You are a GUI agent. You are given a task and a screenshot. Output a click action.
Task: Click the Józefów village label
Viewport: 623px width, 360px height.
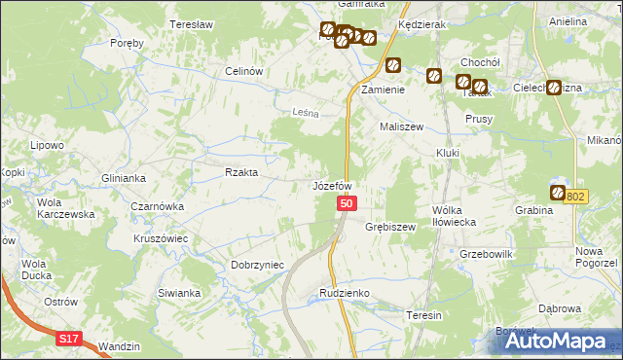[x=331, y=185]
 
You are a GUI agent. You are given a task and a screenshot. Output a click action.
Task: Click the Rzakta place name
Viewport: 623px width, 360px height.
[x=241, y=172]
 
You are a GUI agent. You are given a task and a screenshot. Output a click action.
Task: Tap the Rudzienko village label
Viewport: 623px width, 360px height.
[x=341, y=292]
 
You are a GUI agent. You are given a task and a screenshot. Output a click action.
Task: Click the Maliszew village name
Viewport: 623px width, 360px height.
[x=399, y=126]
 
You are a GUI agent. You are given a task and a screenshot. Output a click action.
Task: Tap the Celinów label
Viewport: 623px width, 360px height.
[x=245, y=71]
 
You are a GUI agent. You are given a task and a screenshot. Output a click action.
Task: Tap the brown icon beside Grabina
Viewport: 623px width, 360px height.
[x=558, y=193]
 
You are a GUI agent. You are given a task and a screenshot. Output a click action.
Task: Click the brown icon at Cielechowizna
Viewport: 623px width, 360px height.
[x=553, y=88]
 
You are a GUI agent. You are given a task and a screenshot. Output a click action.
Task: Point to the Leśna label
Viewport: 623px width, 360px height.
[x=307, y=113]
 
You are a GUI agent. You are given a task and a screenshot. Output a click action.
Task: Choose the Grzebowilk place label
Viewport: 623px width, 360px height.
[x=486, y=253]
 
